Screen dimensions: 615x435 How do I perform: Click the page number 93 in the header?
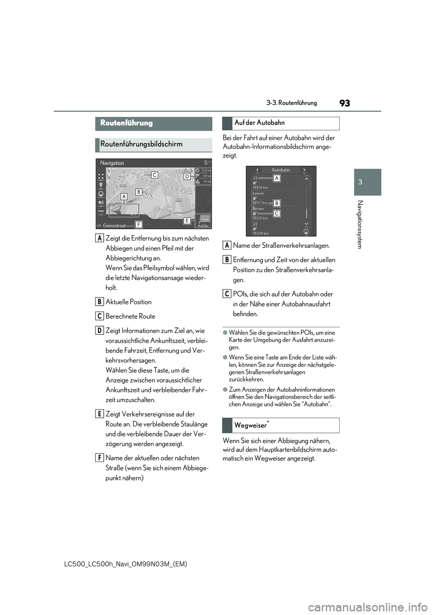click(x=344, y=103)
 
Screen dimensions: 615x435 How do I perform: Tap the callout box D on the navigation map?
click(x=187, y=177)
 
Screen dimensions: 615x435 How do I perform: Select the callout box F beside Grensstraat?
click(x=138, y=224)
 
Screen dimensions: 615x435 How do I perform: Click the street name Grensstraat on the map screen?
click(x=114, y=226)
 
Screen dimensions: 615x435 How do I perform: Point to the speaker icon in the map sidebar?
click(x=101, y=202)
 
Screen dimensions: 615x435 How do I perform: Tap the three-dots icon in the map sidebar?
click(x=101, y=211)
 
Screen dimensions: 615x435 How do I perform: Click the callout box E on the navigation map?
click(x=187, y=221)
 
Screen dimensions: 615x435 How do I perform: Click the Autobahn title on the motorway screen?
click(x=280, y=170)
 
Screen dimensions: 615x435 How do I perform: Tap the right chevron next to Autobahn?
click(x=304, y=170)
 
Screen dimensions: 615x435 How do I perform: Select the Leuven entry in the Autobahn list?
click(x=258, y=193)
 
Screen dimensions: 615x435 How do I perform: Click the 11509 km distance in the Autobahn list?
click(x=261, y=234)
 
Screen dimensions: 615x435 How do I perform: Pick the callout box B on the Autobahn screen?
click(x=276, y=203)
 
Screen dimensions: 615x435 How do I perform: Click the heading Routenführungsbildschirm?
click(x=141, y=144)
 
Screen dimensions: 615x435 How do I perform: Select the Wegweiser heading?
click(x=251, y=426)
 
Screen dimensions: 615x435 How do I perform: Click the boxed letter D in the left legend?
click(x=99, y=330)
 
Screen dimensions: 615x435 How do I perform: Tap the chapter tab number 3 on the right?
click(x=360, y=182)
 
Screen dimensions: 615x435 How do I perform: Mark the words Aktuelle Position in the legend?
click(x=129, y=302)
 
